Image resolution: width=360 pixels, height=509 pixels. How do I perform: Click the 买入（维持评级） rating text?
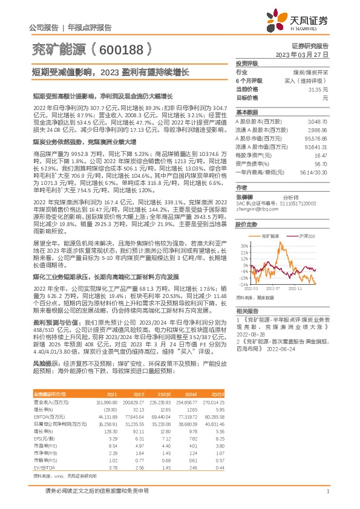pyautogui.click(x=308, y=80)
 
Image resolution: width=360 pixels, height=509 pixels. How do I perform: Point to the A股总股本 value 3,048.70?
pyautogui.click(x=317, y=122)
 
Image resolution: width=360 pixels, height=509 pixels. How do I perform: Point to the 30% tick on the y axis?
pyautogui.click(x=244, y=246)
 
